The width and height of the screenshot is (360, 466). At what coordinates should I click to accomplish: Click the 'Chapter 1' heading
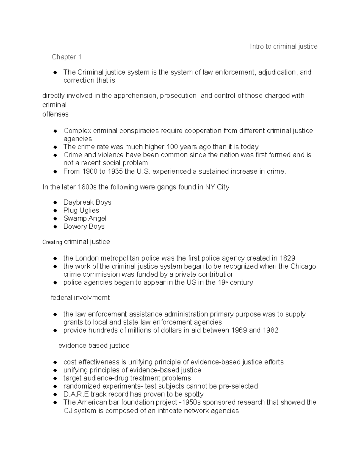66,57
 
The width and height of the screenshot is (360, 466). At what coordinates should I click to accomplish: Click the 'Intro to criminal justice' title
283,47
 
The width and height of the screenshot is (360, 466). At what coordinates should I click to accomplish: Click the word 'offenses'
55,114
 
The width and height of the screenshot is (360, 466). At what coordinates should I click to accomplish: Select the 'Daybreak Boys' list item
87,202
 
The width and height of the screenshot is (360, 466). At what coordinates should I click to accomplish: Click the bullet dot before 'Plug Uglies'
55,211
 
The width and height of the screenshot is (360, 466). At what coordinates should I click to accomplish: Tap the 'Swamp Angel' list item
85,218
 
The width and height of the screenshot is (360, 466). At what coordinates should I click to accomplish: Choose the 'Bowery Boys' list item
84,227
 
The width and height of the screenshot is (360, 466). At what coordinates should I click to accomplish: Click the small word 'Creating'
52,242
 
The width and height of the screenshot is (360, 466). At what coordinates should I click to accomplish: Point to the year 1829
287,258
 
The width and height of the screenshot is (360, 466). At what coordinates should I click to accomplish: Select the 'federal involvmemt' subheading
80,298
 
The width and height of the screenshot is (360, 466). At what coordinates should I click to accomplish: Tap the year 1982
270,330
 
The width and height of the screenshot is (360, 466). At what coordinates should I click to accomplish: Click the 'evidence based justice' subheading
94,346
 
